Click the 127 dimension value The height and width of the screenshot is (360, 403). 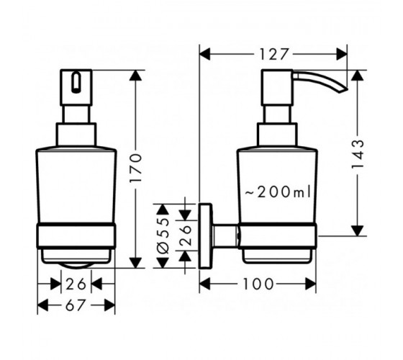click(273, 54)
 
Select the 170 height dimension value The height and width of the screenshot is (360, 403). click(136, 168)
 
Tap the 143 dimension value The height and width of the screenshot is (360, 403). click(358, 154)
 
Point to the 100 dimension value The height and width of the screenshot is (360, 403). click(258, 284)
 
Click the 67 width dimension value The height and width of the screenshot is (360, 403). click(75, 305)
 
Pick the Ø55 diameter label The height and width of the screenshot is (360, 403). click(163, 236)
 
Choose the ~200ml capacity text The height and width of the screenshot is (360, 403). click(278, 192)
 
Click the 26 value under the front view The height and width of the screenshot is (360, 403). click(76, 284)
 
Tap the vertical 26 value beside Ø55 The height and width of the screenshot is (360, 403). click(185, 235)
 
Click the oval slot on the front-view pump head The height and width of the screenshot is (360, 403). click(76, 83)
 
